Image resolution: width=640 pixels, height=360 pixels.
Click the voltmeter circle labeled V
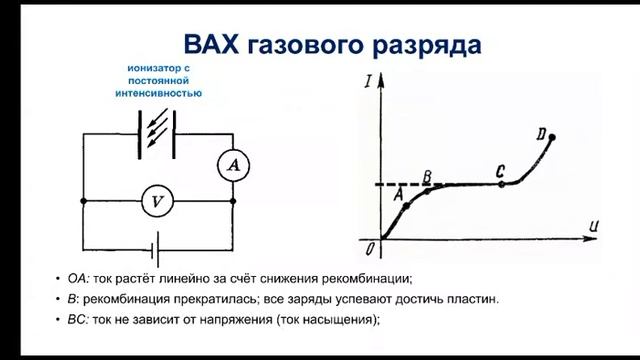(x=155, y=202)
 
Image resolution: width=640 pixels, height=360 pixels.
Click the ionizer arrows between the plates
(x=156, y=133)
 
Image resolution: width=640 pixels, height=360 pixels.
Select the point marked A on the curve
(x=406, y=204)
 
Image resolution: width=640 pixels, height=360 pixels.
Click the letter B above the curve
(x=427, y=176)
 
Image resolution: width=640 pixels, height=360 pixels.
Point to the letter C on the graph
(x=500, y=171)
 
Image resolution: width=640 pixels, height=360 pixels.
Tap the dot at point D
(x=552, y=137)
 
